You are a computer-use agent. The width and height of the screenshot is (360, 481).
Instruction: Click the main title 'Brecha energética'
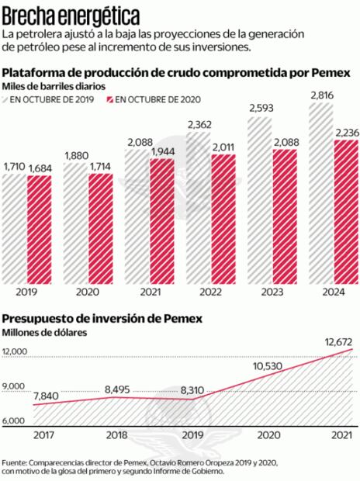pyautogui.click(x=71, y=15)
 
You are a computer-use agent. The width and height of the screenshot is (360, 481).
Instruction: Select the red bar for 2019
pyautogui.click(x=40, y=229)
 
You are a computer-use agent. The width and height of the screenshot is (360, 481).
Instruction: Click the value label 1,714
pyautogui.click(x=99, y=167)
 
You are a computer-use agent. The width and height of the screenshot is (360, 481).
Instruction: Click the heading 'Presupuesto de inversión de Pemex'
pyautogui.click(x=102, y=318)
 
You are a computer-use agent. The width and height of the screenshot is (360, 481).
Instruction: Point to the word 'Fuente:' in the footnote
pyautogui.click(x=18, y=460)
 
